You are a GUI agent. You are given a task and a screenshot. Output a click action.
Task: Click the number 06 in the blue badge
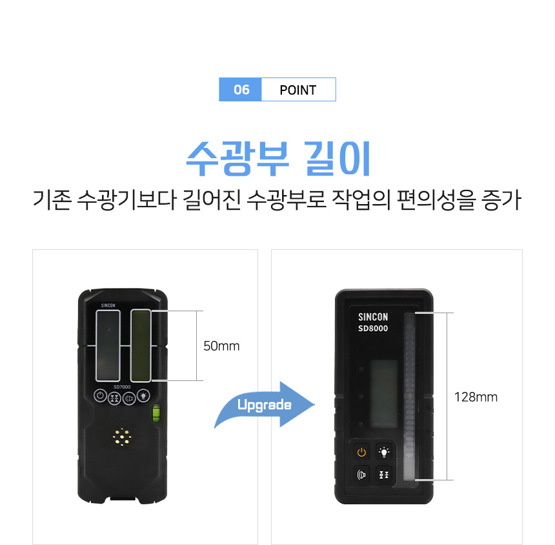241,90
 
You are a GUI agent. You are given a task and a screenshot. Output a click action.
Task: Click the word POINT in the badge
298,90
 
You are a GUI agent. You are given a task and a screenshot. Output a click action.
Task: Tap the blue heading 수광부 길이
278,159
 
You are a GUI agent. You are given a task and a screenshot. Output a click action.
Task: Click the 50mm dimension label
221,346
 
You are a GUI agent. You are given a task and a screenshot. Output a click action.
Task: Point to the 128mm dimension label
476,397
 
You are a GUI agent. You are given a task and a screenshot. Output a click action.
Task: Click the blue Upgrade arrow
265,405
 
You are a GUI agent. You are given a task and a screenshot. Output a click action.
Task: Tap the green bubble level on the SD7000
156,413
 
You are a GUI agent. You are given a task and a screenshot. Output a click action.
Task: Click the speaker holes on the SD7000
122,437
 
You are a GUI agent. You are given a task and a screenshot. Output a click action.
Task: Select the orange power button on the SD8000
361,452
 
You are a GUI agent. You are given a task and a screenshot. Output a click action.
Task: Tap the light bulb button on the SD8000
384,452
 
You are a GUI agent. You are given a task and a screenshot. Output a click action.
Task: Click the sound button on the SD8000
361,475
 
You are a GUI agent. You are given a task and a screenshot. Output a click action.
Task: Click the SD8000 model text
373,328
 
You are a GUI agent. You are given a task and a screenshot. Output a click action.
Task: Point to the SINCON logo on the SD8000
373,316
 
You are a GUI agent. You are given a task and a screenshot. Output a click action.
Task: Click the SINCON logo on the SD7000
108,305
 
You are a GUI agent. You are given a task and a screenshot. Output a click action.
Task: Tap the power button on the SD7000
100,396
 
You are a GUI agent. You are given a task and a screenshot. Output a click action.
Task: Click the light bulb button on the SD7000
143,396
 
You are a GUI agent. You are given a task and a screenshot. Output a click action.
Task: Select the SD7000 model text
122,387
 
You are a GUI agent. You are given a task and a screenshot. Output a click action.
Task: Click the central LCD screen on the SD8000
384,393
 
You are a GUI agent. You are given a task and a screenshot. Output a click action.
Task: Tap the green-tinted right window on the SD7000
141,345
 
